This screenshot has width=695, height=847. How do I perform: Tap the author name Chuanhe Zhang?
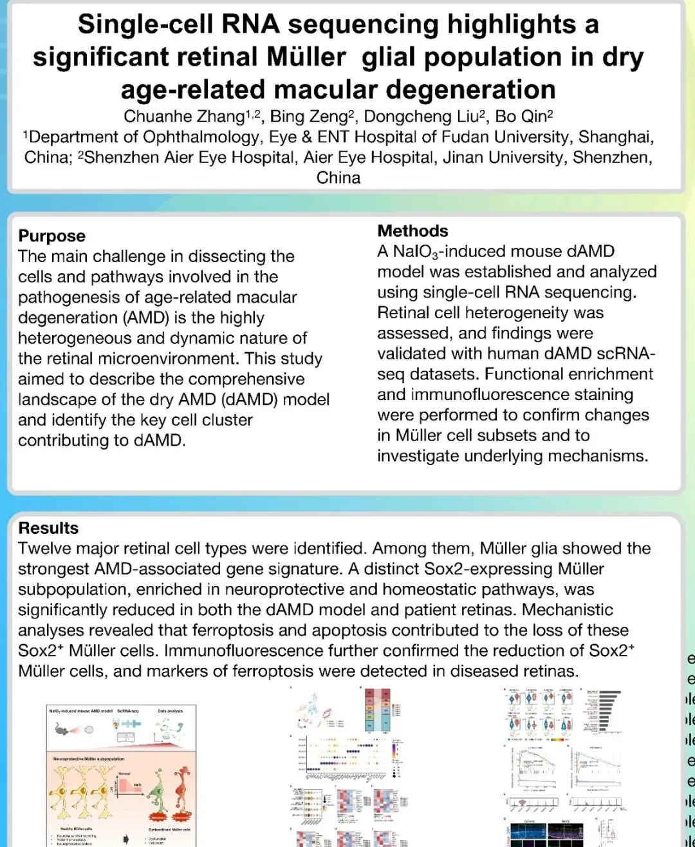coord(174,117)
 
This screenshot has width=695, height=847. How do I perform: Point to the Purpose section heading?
coord(51,236)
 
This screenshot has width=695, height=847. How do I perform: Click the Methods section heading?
coord(412,231)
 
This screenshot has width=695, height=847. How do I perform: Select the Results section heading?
coord(48,528)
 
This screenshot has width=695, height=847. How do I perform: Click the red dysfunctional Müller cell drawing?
coord(181,792)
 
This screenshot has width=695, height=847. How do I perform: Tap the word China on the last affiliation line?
coord(338,177)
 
